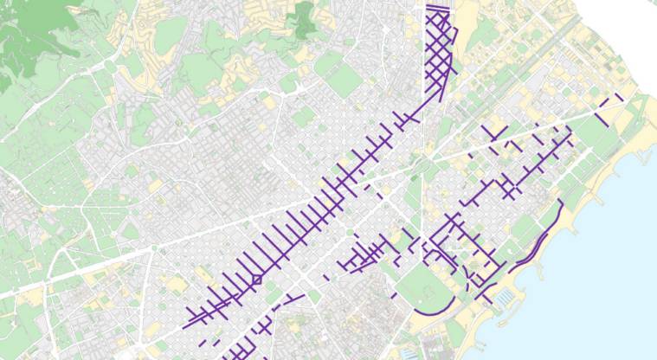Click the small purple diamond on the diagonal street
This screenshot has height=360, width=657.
click(256, 279)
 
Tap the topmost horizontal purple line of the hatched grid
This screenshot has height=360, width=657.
click(439, 7)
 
